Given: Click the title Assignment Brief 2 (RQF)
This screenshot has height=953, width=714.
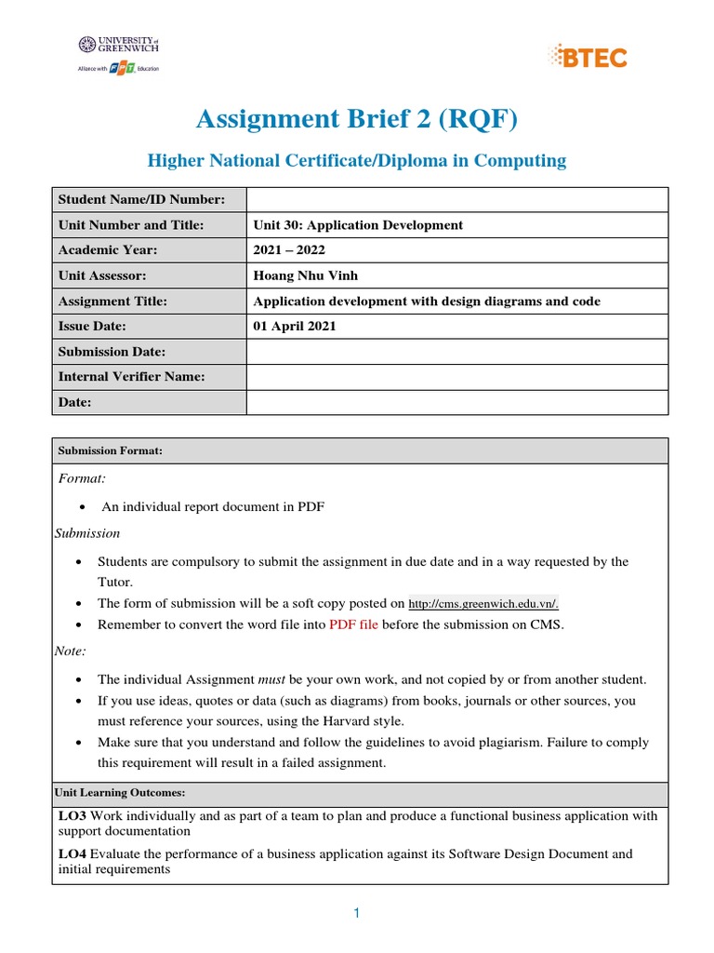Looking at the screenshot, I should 357,119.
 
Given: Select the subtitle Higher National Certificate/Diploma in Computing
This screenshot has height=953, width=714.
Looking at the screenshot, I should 357,161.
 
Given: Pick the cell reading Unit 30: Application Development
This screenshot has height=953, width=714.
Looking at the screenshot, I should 358,225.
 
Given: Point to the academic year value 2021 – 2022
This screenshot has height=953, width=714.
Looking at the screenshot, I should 290,250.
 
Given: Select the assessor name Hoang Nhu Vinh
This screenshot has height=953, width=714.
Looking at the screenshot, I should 304,275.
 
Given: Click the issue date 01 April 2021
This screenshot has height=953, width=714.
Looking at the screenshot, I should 295,327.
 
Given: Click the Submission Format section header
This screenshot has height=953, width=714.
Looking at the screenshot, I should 111,450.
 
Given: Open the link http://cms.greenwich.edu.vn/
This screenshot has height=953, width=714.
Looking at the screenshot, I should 483,604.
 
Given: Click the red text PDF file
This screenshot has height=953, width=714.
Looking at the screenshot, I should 353,624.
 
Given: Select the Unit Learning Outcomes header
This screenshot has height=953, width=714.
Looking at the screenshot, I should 122,793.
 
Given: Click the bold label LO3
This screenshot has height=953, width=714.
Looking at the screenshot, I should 73,816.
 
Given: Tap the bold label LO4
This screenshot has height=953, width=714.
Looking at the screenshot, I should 73,854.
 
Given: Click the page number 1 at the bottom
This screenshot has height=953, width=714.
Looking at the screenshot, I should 356,914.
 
